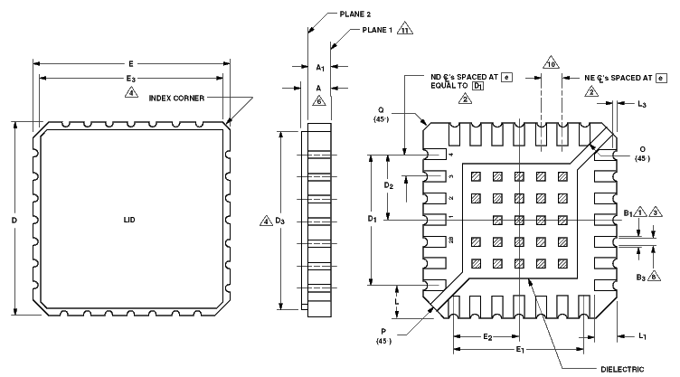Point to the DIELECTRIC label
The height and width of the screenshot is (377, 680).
coord(621,368)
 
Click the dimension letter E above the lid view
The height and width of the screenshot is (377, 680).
coord(131,63)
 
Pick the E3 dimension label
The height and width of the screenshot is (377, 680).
coord(132,80)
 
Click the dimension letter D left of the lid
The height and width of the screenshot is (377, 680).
coord(14,220)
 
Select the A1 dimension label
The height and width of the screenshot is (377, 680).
coord(320,68)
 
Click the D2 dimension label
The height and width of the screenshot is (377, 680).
coord(389,185)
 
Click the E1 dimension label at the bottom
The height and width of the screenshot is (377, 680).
coord(519,349)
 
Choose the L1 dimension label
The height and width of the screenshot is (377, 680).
coord(641,336)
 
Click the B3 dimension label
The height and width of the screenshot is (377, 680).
coord(640,277)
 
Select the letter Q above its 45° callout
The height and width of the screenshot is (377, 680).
coord(382,108)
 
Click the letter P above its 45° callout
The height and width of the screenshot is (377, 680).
coord(382,331)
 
